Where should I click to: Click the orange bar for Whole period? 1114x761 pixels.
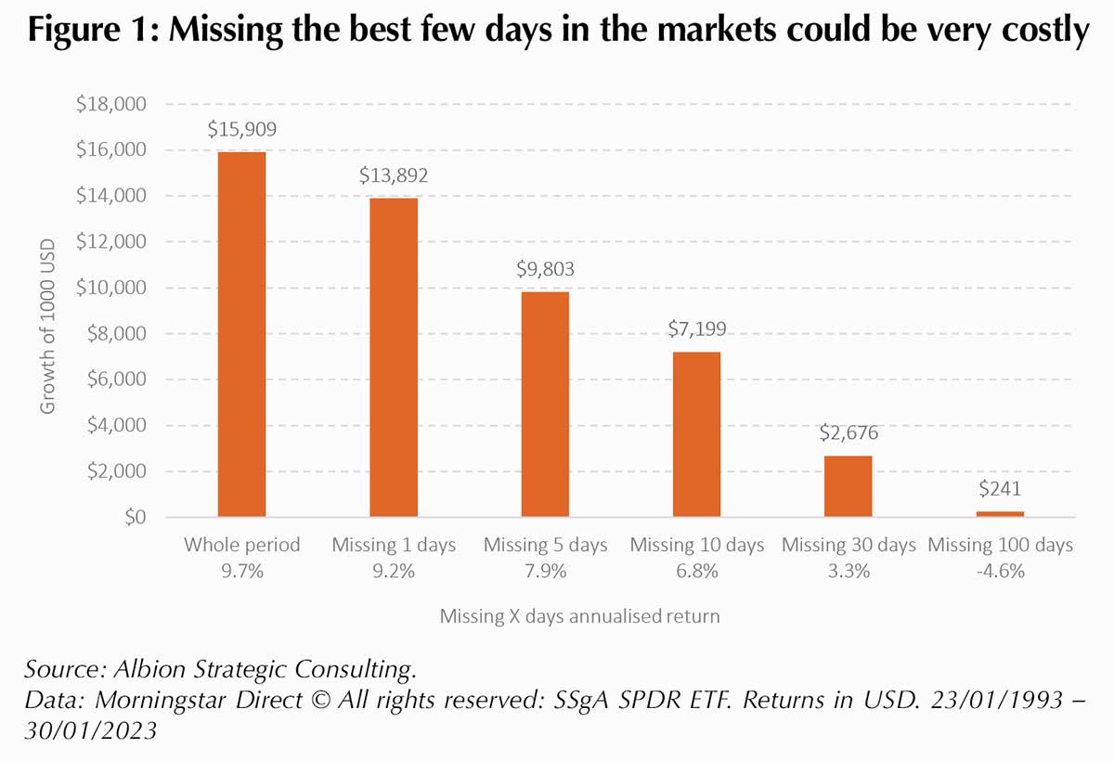tap(241, 334)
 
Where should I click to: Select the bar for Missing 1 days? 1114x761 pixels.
tap(394, 357)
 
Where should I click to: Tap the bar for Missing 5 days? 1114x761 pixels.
tap(545, 404)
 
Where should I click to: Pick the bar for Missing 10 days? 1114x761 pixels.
tap(696, 434)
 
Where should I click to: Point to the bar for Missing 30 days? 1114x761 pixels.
tap(848, 486)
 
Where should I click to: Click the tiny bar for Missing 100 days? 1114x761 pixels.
tap(1000, 513)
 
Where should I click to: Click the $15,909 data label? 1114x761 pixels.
tap(241, 129)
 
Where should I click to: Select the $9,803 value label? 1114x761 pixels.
tap(545, 269)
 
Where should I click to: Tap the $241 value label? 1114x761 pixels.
tap(1000, 489)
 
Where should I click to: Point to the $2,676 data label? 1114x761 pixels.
tap(848, 432)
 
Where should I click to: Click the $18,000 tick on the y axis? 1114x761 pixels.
tap(111, 104)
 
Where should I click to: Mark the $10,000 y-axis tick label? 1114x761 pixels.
tap(111, 288)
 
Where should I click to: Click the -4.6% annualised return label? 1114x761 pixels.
tap(1000, 572)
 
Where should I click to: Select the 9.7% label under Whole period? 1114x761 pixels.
tap(241, 572)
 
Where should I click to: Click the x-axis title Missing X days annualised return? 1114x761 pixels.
tap(579, 616)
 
